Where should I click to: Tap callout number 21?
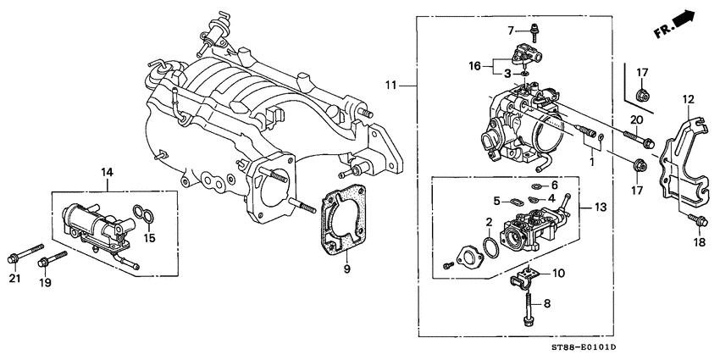pyautogui.click(x=13, y=280)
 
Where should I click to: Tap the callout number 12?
pyautogui.click(x=688, y=100)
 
